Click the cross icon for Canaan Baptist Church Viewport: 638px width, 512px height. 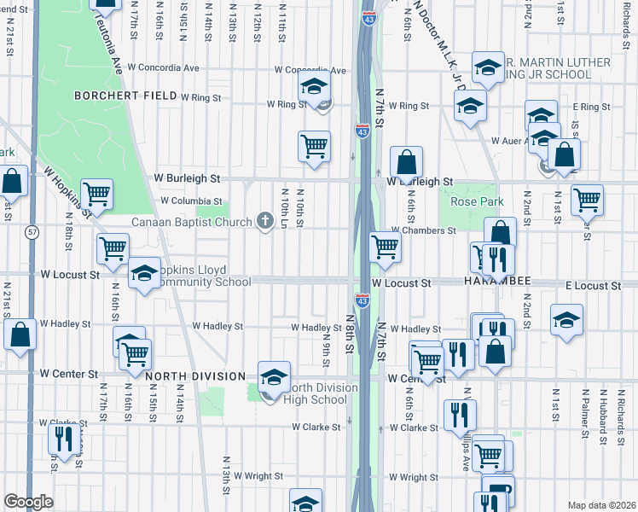tap(265, 222)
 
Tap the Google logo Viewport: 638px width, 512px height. tap(27, 502)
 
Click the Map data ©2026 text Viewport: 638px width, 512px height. tap(601, 505)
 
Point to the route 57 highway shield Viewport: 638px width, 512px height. tap(32, 231)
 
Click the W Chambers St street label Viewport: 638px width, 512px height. tap(424, 230)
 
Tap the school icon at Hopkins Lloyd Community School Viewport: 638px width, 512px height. tap(144, 274)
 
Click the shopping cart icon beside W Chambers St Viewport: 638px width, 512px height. tap(386, 247)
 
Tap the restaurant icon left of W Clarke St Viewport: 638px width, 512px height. tap(64, 439)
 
